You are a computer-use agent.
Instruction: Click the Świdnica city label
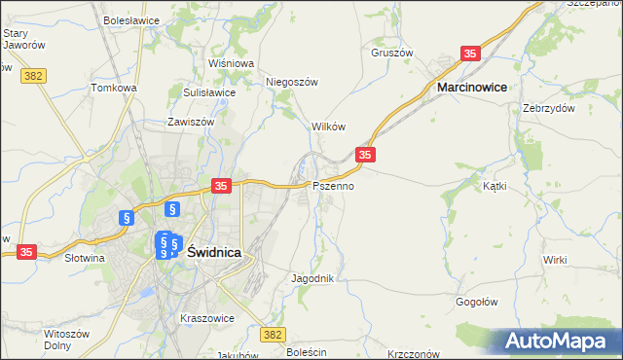coord(213,251)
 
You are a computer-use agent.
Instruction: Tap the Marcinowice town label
coord(471,88)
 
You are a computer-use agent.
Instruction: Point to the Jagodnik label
coord(313,278)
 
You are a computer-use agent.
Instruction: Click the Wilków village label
coord(328,127)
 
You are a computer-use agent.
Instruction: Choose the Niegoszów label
coord(292,83)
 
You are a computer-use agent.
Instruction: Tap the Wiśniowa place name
coord(231,63)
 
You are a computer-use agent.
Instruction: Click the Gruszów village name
coord(392,54)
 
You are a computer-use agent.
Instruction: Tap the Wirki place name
coord(555,260)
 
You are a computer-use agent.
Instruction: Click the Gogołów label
coord(477,302)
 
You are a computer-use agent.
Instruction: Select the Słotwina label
coord(85,259)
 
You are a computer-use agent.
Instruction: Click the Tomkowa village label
coord(114,88)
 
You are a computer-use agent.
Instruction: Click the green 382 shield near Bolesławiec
coord(274,334)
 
